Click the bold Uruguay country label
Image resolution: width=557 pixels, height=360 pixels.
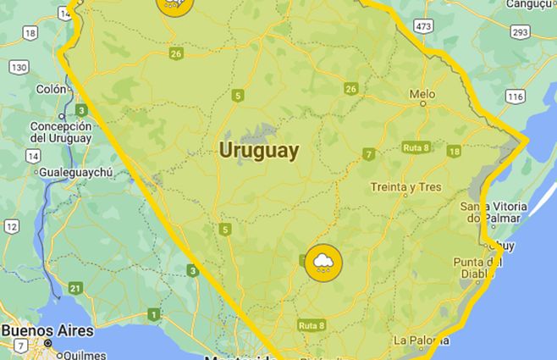tap(258, 151)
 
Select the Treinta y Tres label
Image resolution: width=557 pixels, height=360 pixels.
tap(405, 187)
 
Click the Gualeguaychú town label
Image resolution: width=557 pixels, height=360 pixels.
tap(75, 172)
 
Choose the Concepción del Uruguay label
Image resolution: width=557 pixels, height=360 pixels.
tap(60, 132)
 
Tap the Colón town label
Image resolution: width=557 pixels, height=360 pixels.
tap(50, 89)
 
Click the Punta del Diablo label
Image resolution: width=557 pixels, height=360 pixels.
tap(478, 267)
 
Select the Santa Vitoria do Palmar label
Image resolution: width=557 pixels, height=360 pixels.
tap(493, 213)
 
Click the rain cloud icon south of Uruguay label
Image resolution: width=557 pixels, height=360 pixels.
tap(323, 264)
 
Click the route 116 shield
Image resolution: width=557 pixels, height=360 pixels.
tap(514, 97)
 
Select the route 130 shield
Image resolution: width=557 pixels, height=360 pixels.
tap(19, 66)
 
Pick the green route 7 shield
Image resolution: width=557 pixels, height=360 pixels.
tap(368, 154)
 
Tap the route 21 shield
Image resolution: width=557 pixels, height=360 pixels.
tap(75, 289)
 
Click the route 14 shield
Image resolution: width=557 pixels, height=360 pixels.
tap(32, 155)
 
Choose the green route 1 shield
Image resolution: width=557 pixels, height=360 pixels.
tap(153, 315)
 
